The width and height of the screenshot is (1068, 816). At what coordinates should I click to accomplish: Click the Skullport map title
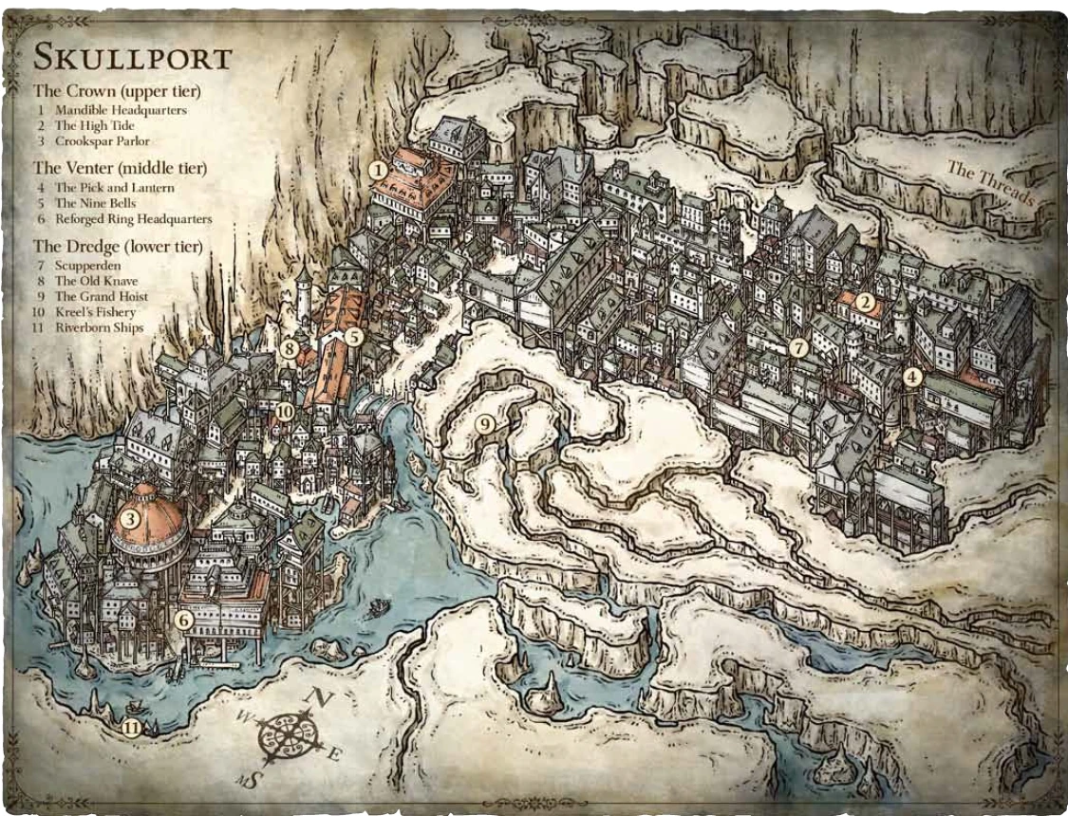pos(132,58)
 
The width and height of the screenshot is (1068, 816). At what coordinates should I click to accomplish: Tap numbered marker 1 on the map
pos(378,170)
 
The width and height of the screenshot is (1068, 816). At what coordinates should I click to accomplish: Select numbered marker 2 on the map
pos(865,303)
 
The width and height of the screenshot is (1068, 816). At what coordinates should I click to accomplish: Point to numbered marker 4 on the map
pos(912,376)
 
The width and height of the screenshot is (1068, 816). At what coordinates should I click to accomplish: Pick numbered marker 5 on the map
pos(353,335)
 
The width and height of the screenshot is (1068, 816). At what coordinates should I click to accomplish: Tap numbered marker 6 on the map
pos(185,620)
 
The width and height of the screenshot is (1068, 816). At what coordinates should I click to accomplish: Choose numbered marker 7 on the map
pos(798,348)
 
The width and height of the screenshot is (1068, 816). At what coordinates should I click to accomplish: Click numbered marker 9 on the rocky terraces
pos(485,424)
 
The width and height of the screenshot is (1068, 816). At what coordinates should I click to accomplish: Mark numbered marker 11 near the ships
pos(131,728)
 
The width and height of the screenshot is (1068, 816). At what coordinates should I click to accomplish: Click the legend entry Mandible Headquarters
pos(121,110)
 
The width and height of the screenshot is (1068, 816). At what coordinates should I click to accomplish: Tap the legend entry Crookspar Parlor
pos(102,141)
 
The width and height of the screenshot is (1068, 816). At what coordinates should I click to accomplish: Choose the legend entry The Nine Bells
pos(95,203)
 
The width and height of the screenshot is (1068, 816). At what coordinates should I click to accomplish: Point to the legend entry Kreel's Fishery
pos(95,312)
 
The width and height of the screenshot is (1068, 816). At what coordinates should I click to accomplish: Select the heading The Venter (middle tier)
pos(121,168)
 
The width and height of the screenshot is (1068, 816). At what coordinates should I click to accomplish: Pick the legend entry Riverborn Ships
pos(99,327)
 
